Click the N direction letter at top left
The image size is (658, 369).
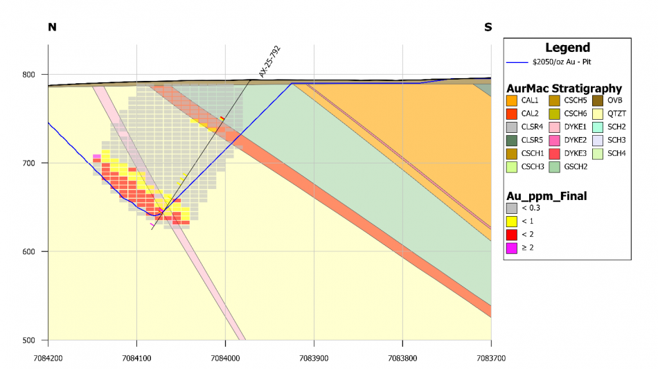[51, 27]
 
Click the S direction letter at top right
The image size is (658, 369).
[488, 27]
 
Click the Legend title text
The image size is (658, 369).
[567, 48]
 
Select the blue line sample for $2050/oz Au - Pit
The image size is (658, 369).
[517, 62]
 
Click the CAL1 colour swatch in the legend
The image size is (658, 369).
[513, 101]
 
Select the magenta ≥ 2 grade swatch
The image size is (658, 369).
[513, 246]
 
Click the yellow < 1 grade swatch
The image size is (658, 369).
[513, 221]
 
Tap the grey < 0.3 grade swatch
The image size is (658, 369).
[513, 208]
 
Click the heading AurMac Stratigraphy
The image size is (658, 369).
[564, 89]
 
